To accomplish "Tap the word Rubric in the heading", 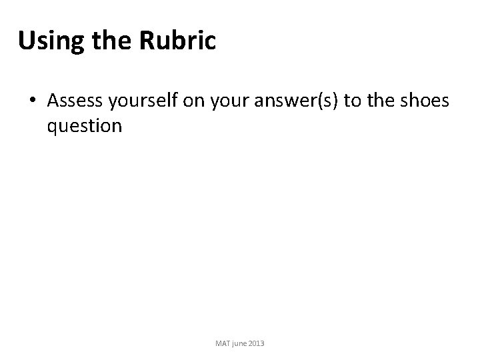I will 179,41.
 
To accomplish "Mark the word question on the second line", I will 85,125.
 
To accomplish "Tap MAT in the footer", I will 223,343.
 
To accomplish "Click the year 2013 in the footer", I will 257,343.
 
